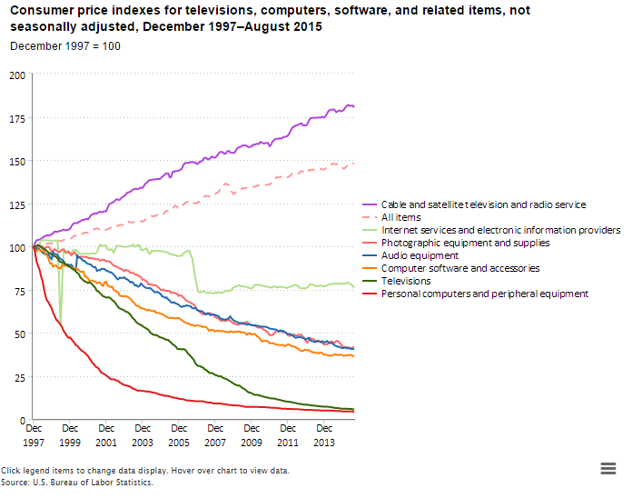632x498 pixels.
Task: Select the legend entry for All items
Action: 400,217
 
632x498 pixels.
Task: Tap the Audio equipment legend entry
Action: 420,255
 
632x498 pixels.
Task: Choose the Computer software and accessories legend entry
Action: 460,268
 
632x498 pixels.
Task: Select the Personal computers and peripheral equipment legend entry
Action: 485,294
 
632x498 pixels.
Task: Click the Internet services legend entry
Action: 500,230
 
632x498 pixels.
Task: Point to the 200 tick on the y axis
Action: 16,75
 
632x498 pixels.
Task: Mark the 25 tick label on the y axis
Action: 19,377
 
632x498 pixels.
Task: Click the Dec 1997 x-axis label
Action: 34,433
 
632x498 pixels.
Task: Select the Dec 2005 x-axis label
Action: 179,433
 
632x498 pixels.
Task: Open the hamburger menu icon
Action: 609,467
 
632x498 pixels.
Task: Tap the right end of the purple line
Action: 353,106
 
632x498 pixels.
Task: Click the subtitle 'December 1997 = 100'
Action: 64,45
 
